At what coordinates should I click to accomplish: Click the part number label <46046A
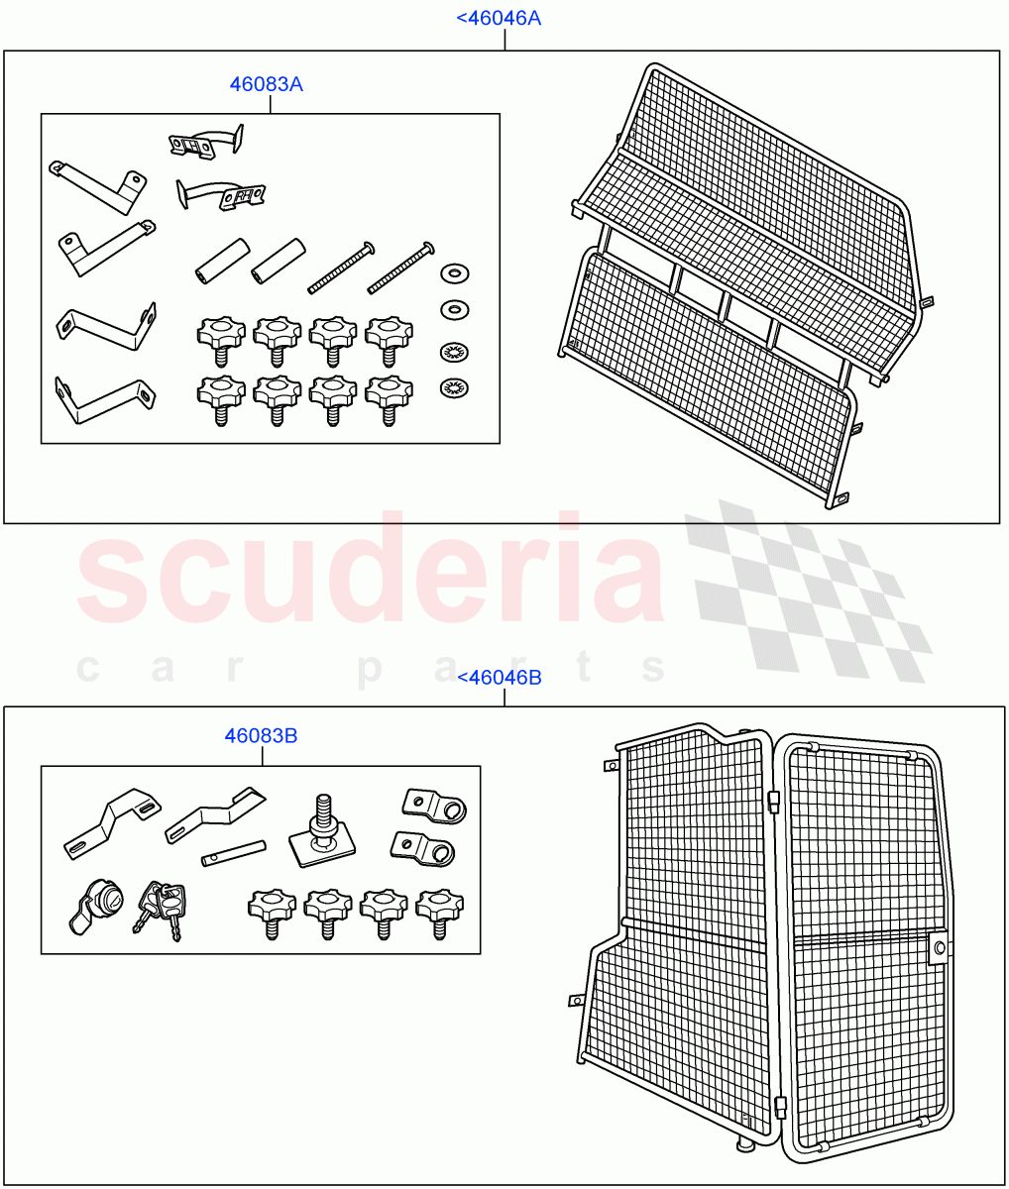[x=498, y=18]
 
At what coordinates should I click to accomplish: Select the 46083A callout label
[x=266, y=84]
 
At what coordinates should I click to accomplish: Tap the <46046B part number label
[x=499, y=678]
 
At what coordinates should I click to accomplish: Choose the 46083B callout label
[x=261, y=736]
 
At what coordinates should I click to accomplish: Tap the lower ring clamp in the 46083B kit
[x=425, y=847]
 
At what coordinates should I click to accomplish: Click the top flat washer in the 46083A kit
[x=454, y=272]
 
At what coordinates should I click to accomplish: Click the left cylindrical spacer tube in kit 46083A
[x=219, y=260]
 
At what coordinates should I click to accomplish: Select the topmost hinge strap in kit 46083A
[x=206, y=141]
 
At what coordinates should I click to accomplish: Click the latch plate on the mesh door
[x=937, y=949]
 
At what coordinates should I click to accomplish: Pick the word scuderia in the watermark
[x=372, y=570]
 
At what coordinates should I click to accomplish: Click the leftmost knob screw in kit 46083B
[x=272, y=910]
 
